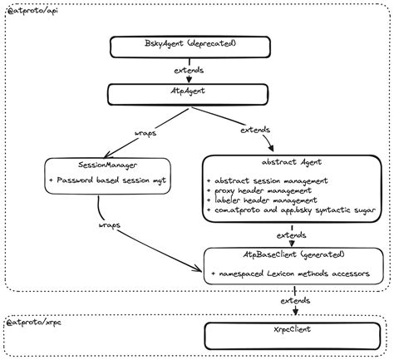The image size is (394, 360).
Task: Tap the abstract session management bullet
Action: (x=267, y=180)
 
